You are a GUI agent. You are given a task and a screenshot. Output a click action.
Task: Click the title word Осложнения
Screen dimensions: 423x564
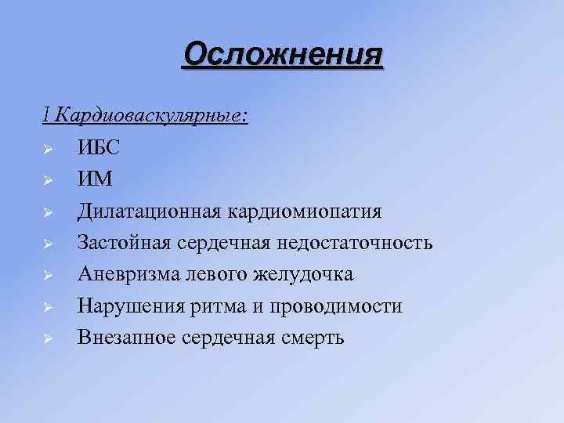pyautogui.click(x=283, y=55)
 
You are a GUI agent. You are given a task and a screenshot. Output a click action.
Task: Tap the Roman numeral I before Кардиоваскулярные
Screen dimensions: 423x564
pyautogui.click(x=46, y=116)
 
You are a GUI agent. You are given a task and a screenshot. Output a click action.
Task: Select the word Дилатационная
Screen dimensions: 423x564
pyautogui.click(x=150, y=211)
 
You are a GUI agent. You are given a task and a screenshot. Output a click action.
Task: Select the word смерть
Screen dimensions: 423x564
pyautogui.click(x=313, y=338)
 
